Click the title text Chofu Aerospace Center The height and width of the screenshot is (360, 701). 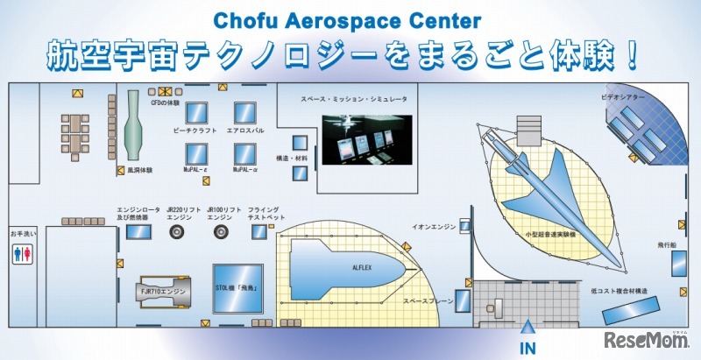tap(350, 19)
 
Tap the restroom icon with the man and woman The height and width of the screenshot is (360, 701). tap(24, 253)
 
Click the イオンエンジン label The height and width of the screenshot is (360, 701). tap(434, 226)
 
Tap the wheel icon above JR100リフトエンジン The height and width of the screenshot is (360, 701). tap(219, 232)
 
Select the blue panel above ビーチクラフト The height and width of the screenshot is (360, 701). tap(198, 112)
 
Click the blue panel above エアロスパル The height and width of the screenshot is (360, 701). tap(244, 112)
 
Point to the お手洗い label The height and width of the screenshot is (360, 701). tap(22, 235)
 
